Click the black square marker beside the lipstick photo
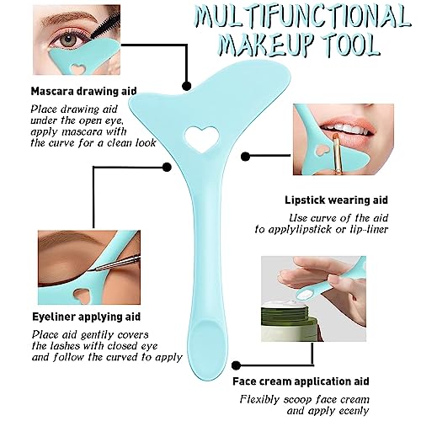point(246,157)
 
